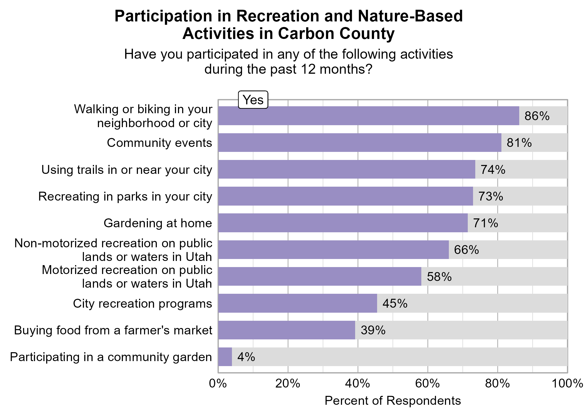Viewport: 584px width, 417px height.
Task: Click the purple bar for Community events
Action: [360, 142]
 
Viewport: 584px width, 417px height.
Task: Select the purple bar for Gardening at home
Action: [343, 223]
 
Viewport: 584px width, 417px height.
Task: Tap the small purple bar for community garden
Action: [225, 357]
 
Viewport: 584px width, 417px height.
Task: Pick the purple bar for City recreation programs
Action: [298, 303]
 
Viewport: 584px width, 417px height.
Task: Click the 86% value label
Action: [537, 116]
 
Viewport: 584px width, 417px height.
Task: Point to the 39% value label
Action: [373, 330]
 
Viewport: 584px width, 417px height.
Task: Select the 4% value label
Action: [246, 357]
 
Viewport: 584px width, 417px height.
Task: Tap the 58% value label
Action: [439, 277]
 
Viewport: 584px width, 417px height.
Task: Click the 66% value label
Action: [466, 250]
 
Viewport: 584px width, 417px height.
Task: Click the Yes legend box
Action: [253, 100]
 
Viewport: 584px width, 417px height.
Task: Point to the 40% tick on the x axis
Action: [358, 384]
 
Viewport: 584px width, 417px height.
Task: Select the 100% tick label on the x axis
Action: [567, 384]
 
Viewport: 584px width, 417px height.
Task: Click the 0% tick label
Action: [218, 384]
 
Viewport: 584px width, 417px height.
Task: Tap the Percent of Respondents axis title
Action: [393, 401]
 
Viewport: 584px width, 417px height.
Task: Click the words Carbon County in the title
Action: [336, 34]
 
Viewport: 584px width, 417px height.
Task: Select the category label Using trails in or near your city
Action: [127, 170]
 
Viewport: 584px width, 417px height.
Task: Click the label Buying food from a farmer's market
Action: [113, 330]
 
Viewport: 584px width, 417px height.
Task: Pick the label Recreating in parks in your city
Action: [125, 196]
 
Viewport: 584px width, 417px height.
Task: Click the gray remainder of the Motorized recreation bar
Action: [494, 277]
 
